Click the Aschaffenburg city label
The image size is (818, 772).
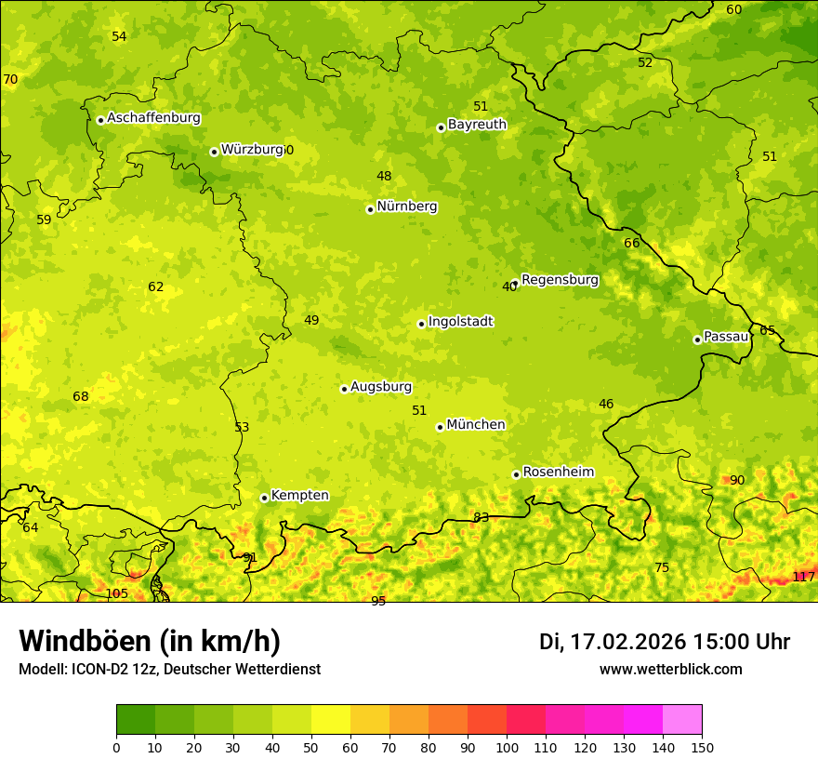153,118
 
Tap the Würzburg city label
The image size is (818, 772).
252,150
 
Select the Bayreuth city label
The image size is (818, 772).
477,125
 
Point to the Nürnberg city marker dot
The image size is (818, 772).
370,209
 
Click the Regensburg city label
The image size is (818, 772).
560,280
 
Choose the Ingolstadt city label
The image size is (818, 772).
460,322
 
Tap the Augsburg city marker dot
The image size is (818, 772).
344,389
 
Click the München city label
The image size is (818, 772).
476,425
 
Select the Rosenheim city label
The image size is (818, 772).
558,473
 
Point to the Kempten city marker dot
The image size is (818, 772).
264,498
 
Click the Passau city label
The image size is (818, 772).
726,337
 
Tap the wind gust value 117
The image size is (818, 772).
803,577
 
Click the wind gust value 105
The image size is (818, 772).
116,593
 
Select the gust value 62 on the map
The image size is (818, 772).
155,286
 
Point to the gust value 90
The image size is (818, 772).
736,480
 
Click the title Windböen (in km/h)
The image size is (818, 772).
150,641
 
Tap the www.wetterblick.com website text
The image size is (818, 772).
670,669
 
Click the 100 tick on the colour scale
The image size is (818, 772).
507,747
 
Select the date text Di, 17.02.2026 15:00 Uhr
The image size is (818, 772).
665,642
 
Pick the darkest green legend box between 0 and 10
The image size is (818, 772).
136,720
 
